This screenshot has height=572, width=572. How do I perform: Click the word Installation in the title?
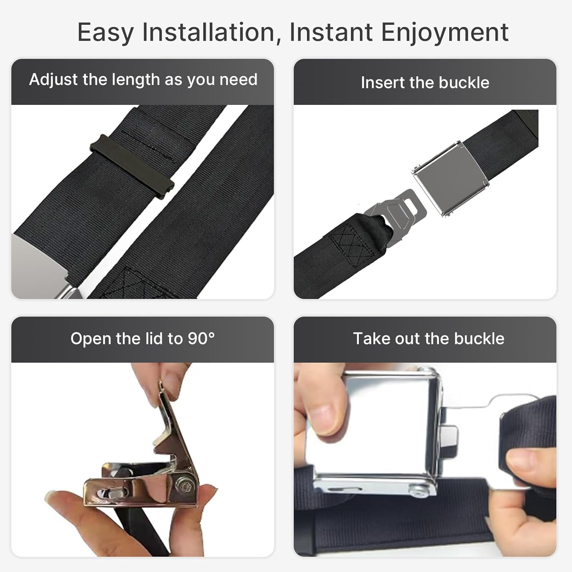click(x=208, y=32)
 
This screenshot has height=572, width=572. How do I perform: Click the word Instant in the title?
click(x=331, y=32)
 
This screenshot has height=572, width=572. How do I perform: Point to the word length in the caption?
click(x=136, y=80)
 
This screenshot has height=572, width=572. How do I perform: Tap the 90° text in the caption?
click(x=201, y=339)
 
